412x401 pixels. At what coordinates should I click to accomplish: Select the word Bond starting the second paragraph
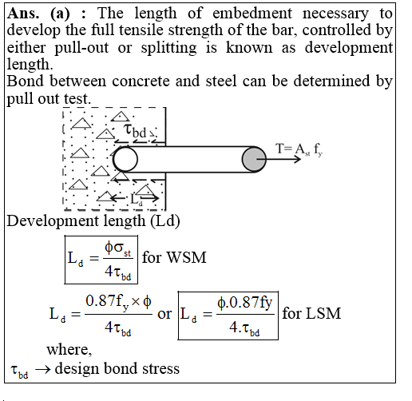tap(24, 81)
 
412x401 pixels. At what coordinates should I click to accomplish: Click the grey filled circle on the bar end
tap(254, 159)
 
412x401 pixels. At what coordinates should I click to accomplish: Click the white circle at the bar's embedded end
tap(125, 159)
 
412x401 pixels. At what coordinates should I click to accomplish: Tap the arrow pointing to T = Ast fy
tap(280, 159)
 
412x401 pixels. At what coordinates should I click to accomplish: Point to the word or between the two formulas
tap(165, 313)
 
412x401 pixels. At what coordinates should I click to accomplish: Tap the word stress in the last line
tap(160, 368)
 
